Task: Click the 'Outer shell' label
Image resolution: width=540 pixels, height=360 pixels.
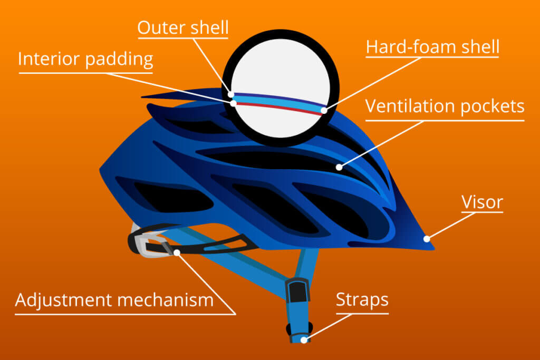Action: click(183, 27)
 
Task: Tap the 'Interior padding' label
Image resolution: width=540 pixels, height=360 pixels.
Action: click(85, 59)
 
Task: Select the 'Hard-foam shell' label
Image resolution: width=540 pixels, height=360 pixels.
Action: click(432, 46)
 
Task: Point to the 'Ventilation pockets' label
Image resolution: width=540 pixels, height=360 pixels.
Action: click(445, 106)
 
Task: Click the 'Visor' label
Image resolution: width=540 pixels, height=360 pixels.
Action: click(482, 202)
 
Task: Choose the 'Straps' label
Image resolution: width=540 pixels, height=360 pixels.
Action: click(362, 300)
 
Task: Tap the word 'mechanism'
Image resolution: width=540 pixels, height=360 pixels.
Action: click(165, 300)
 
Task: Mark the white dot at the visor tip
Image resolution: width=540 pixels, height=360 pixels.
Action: click(427, 239)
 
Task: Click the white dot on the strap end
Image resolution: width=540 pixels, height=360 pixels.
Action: click(304, 340)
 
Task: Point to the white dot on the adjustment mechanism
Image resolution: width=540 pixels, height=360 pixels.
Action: click(177, 252)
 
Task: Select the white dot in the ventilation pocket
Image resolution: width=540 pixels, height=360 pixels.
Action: click(339, 167)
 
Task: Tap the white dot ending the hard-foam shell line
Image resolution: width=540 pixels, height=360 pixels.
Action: click(324, 111)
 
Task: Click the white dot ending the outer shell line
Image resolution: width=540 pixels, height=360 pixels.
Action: click(231, 94)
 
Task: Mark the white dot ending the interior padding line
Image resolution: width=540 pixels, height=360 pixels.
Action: click(234, 103)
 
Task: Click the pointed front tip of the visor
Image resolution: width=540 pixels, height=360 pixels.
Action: click(433, 248)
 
